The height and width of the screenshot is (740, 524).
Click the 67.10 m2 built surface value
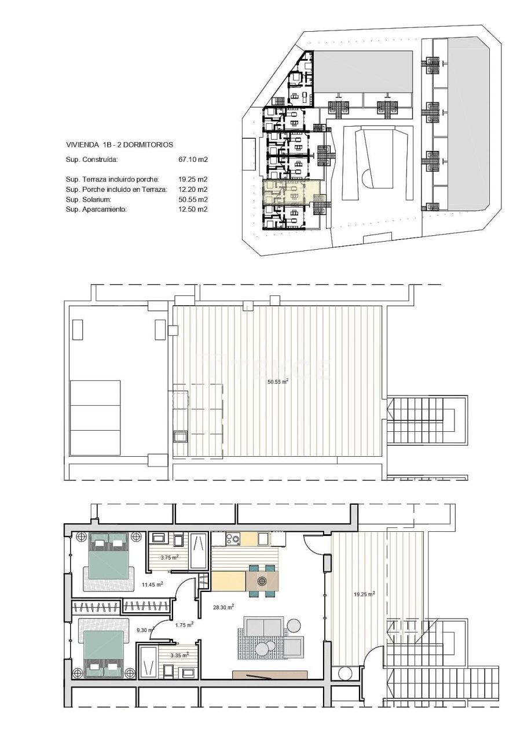click(x=193, y=159)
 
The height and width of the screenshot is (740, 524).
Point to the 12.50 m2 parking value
click(x=193, y=209)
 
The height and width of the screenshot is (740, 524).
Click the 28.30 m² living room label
click(x=223, y=607)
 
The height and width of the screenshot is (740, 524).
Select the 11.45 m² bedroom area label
click(x=152, y=584)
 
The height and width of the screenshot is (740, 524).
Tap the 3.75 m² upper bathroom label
click(x=169, y=557)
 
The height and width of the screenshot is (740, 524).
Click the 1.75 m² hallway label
click(x=184, y=624)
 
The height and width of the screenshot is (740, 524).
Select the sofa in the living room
click(x=264, y=627)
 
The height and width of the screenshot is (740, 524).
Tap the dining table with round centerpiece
click(x=262, y=580)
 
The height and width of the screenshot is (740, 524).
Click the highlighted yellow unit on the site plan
click(x=290, y=191)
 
